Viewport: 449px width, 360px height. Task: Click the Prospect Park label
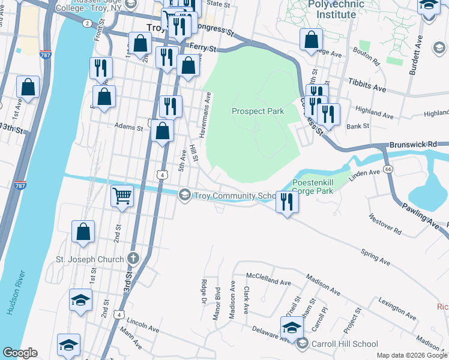point(258,112)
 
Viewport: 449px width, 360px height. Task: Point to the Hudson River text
point(17,293)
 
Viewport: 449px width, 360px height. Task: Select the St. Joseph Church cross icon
point(133,259)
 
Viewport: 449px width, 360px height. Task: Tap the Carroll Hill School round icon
point(302,344)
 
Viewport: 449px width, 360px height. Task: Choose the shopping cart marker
point(122,196)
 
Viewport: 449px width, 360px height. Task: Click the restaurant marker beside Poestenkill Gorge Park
point(287,201)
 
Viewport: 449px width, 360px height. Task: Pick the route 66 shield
point(388,170)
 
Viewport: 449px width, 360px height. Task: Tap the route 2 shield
point(88,23)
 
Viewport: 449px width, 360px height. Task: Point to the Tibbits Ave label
point(366,88)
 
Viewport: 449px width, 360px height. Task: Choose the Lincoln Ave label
point(143,329)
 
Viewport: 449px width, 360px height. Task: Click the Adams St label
point(128,127)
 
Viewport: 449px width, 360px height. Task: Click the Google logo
point(20,353)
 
